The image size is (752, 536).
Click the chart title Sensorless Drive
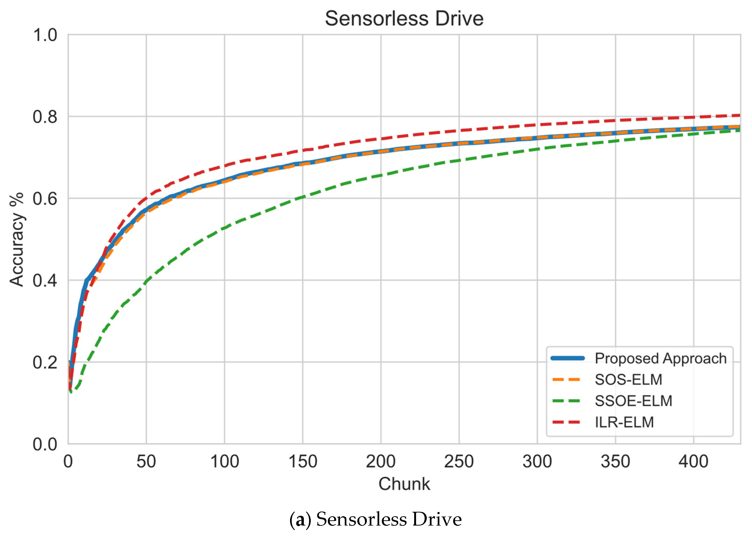[404, 19]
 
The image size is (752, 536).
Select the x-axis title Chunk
[404, 484]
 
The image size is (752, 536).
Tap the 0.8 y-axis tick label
[45, 117]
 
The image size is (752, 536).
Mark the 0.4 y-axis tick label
[45, 281]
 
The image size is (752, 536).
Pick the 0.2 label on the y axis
[45, 362]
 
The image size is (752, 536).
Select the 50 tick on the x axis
[146, 461]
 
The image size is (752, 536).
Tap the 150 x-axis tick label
[302, 461]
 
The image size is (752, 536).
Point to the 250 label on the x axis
[459, 461]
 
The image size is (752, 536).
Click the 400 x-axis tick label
[693, 461]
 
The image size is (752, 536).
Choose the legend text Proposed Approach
[660, 359]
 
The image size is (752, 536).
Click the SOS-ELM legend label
[628, 380]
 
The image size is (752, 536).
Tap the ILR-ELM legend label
[624, 422]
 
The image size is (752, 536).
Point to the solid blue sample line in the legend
[567, 358]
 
